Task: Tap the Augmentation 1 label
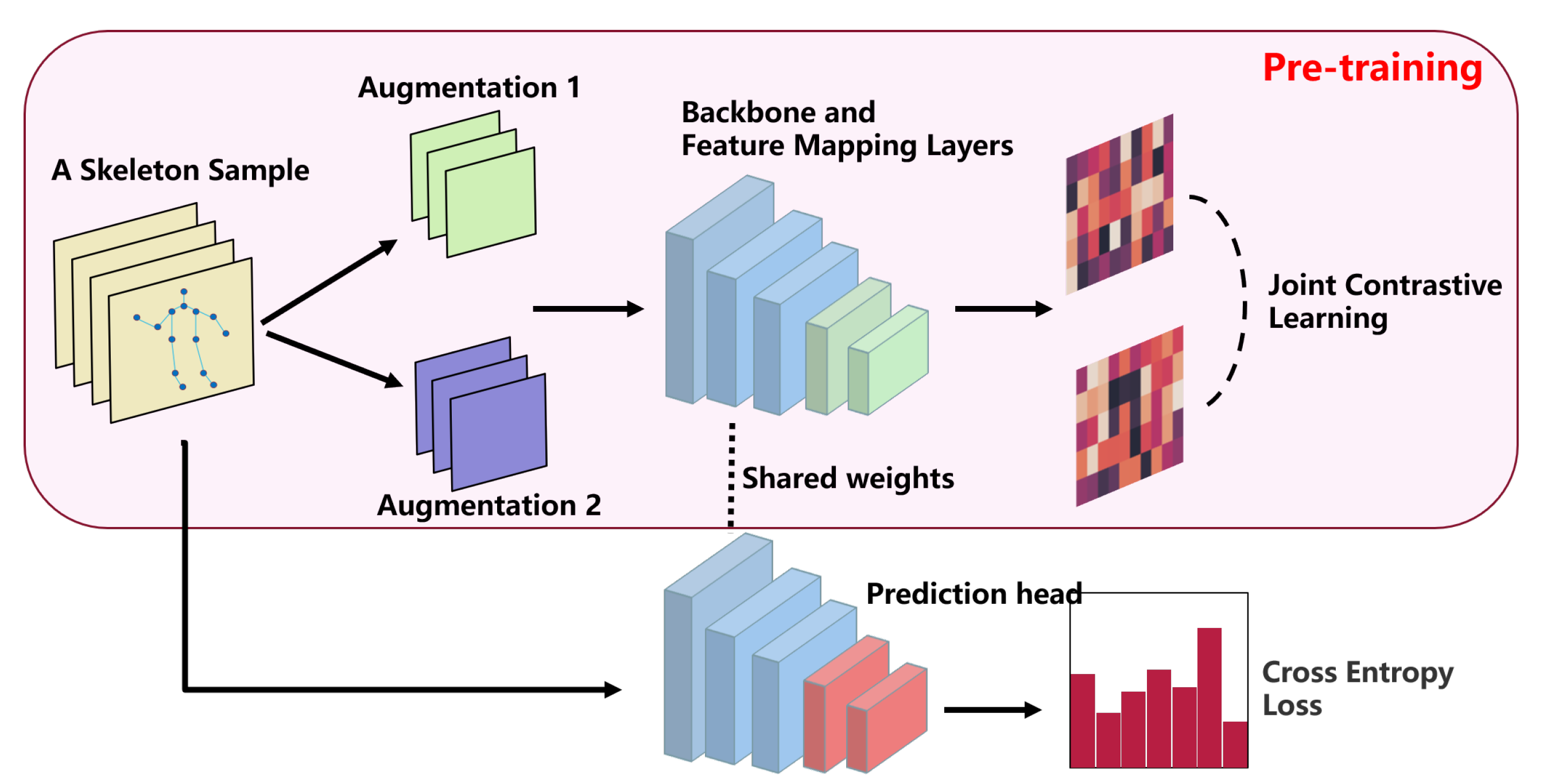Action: pos(469,88)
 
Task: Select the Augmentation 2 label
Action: pos(488,505)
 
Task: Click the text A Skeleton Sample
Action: pos(180,170)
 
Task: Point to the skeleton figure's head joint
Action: pos(184,292)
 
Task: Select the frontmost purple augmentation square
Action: pos(498,431)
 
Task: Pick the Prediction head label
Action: pos(974,594)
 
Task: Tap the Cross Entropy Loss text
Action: pos(1356,688)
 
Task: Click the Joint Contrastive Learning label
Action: pos(1383,301)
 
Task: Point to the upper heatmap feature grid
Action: pos(1119,204)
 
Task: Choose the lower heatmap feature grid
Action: pos(1129,416)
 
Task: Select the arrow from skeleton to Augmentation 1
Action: pos(329,281)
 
